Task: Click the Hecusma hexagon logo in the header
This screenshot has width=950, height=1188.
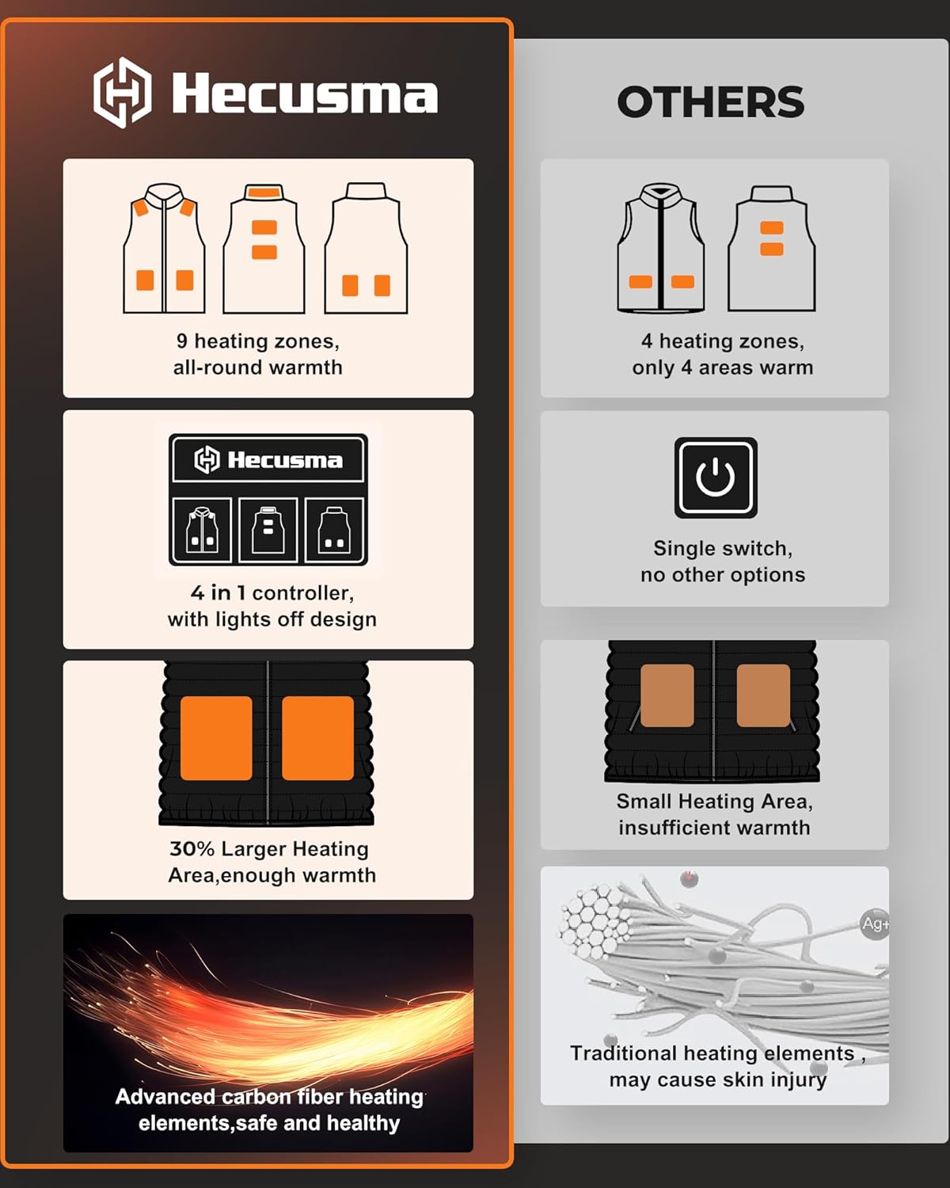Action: pos(122,93)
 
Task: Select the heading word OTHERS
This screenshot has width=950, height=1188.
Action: pos(710,102)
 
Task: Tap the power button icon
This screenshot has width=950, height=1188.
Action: pos(716,478)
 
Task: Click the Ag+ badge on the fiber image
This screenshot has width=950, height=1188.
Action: pos(875,924)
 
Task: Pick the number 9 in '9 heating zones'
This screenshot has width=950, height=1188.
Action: pos(182,341)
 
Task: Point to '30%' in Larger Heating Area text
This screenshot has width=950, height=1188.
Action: pos(192,849)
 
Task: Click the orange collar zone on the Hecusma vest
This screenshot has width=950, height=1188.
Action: pos(264,192)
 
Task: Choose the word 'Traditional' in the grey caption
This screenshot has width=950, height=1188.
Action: pos(624,1053)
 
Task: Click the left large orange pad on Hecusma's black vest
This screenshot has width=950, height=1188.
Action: pos(216,737)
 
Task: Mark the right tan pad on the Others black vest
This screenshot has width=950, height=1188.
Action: pos(763,695)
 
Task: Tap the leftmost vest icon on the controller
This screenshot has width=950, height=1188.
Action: pos(202,530)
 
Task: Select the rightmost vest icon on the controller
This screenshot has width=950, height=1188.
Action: pos(334,530)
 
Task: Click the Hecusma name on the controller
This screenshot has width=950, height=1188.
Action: pos(285,460)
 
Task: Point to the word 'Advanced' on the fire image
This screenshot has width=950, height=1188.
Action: pos(165,1097)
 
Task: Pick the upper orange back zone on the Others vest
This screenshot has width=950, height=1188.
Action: pos(772,228)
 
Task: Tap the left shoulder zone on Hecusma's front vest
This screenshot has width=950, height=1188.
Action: pos(140,208)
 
